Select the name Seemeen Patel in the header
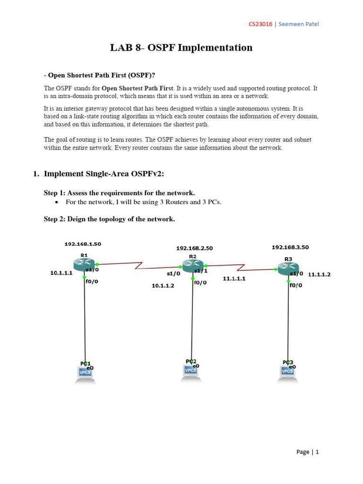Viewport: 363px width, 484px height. (299, 24)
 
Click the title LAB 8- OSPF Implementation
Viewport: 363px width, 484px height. (181, 48)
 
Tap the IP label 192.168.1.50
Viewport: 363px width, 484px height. (83, 244)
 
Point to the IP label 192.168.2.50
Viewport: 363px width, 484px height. (194, 248)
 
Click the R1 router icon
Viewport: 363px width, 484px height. (84, 264)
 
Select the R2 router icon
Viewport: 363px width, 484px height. (192, 265)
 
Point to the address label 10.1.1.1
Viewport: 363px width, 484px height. (62, 273)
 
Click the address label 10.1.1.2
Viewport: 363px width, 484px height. (163, 285)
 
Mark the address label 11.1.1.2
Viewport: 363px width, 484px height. (320, 274)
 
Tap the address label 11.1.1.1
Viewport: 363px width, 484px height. (234, 279)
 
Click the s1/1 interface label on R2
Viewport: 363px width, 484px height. (201, 270)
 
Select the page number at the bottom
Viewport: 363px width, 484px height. (317, 452)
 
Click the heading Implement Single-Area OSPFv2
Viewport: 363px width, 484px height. (104, 173)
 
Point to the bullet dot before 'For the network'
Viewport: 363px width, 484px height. (57, 202)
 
